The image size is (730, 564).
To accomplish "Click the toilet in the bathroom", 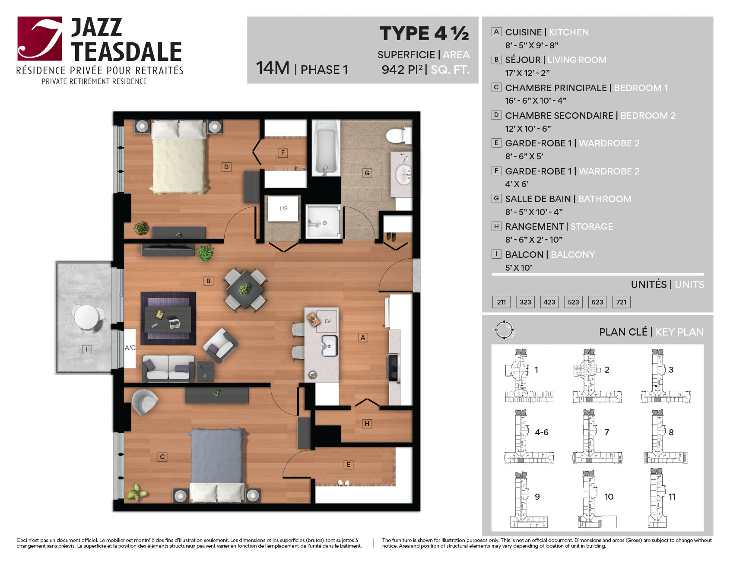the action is click(x=398, y=135).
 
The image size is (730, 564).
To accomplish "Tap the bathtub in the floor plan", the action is click(x=325, y=148).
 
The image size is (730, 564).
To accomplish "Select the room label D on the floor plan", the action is click(x=226, y=167).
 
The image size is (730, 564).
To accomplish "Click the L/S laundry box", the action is click(x=283, y=209).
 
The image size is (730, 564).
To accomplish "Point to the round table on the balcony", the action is click(x=86, y=317).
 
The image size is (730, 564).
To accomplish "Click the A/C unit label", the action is click(x=130, y=348).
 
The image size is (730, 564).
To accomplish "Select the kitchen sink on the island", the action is click(x=329, y=345).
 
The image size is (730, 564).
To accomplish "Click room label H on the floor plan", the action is click(x=367, y=424).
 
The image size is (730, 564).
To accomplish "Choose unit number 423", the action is click(x=549, y=302).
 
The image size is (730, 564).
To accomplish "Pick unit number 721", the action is click(x=621, y=302).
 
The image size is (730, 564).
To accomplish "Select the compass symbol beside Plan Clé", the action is click(x=504, y=330).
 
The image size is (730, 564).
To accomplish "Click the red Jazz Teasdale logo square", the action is click(x=40, y=38).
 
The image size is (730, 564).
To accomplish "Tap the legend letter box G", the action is click(x=496, y=198).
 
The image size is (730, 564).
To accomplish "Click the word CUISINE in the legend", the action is click(x=523, y=32).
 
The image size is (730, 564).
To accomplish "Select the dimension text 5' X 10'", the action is click(x=518, y=268).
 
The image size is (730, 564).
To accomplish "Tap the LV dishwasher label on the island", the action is click(x=327, y=321).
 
